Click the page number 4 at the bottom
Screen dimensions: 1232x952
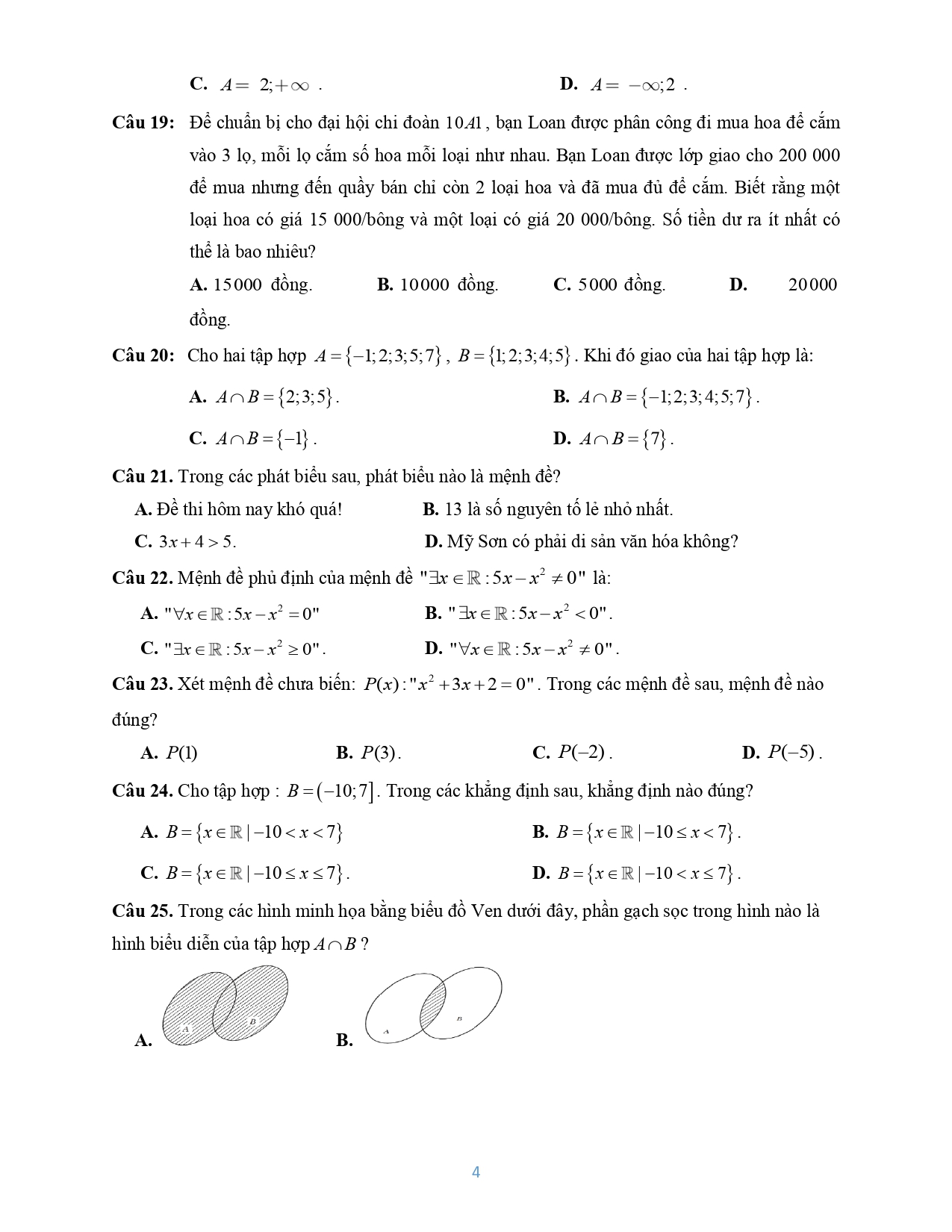(476, 1172)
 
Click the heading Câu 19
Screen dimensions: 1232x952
(143, 122)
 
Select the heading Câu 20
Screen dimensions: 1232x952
(143, 355)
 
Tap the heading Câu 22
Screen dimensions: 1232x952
(142, 578)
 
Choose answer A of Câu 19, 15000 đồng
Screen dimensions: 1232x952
(252, 284)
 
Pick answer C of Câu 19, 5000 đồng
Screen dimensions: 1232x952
(609, 284)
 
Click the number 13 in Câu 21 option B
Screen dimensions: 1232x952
(452, 510)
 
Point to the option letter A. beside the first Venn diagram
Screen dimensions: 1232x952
(143, 1040)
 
